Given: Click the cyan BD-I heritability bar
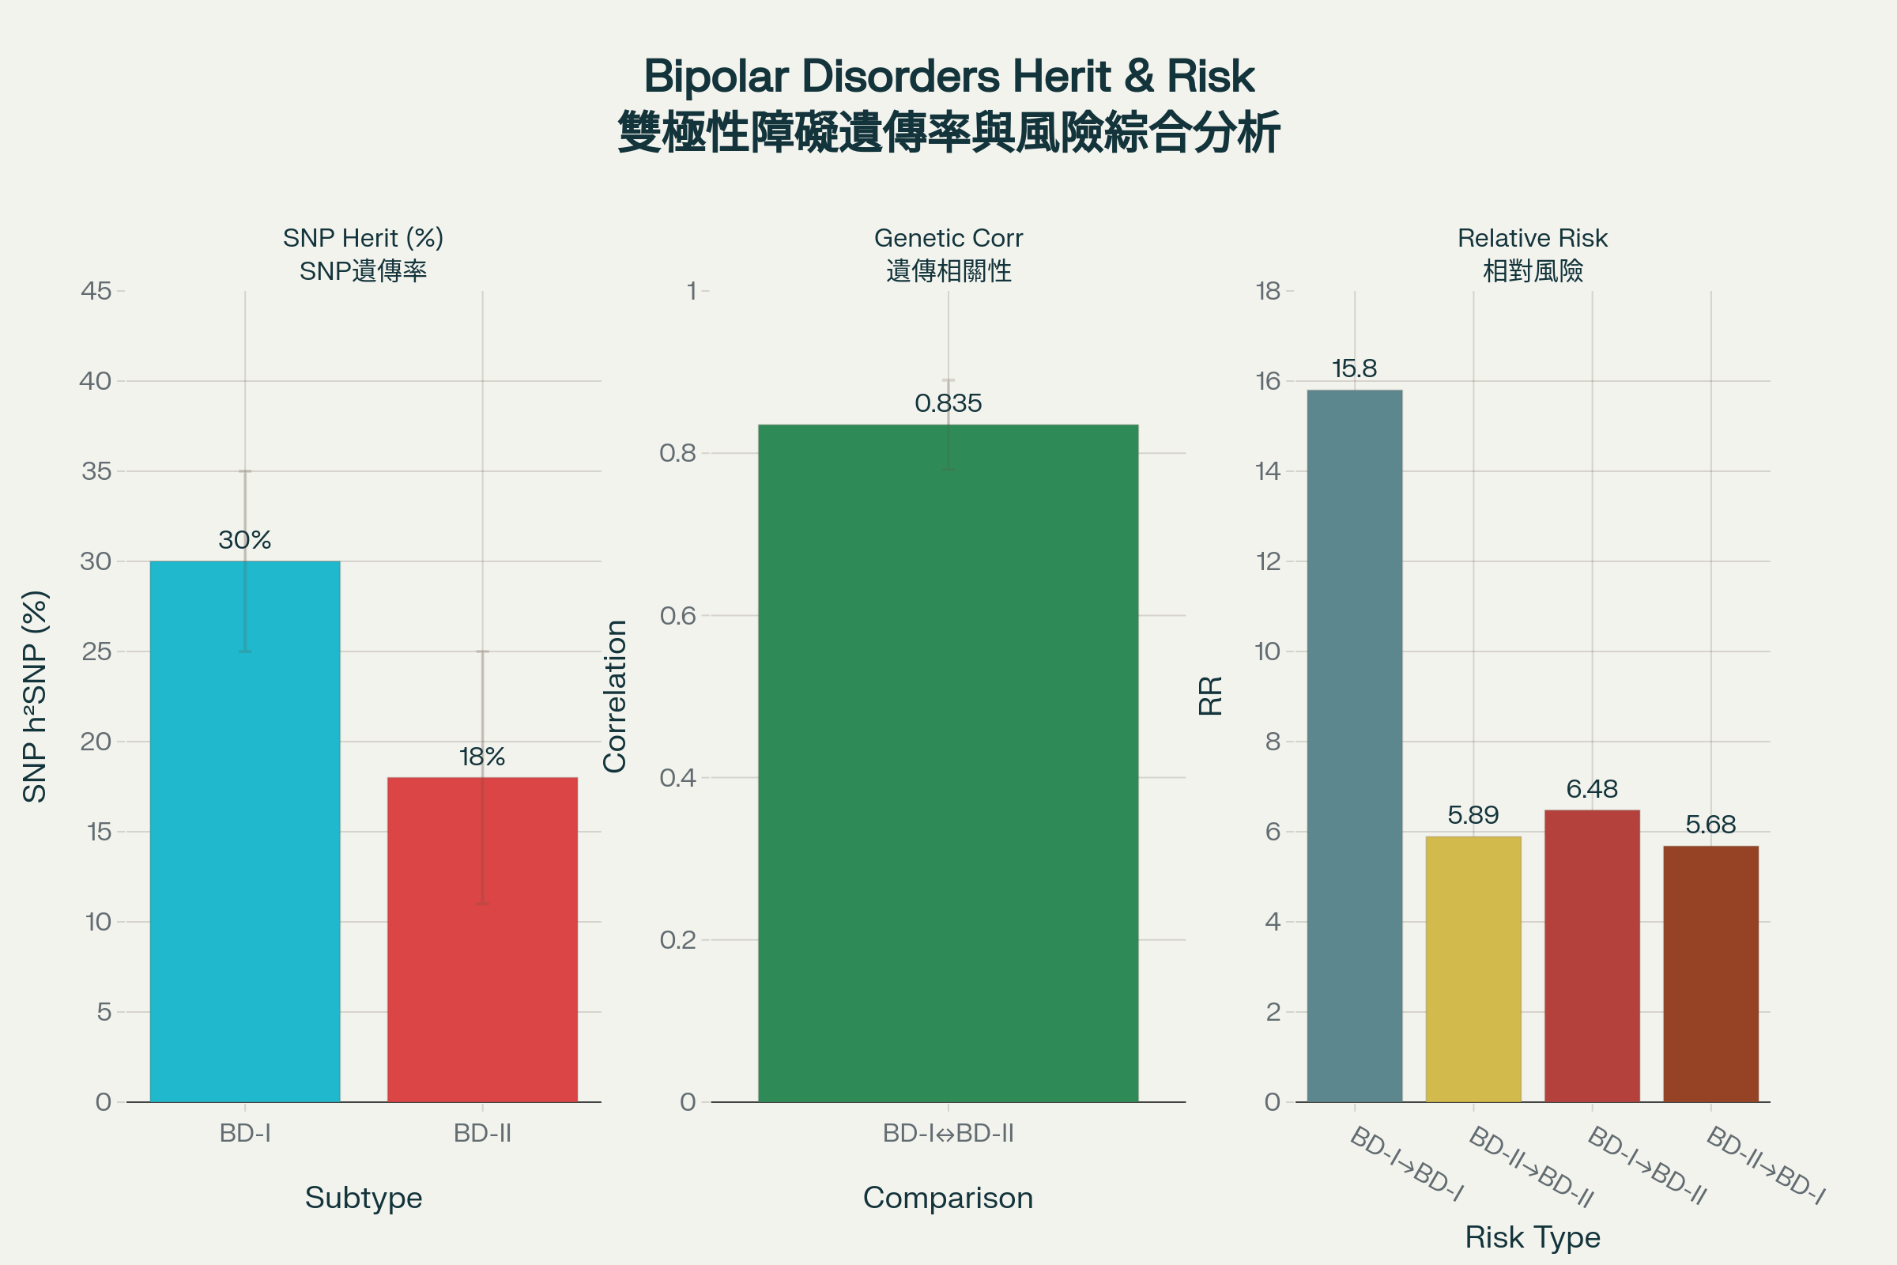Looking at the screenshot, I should coord(244,831).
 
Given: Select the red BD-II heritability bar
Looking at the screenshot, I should coord(482,939).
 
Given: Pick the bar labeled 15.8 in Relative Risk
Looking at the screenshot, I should coord(1354,746).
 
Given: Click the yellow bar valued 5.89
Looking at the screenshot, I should coord(1473,968).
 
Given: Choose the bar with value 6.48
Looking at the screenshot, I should coord(1591,955).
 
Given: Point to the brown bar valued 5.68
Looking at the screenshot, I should coord(1710,973).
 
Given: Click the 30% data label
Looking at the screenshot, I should coord(244,540).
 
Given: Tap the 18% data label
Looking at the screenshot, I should coord(482,757).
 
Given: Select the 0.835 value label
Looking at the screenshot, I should coord(948,402).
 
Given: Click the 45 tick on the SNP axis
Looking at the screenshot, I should coord(96,290).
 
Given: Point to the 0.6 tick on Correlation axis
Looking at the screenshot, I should coord(677,616).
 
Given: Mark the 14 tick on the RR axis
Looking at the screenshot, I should coord(1268,471).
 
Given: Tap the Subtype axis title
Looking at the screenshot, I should coord(363,1197).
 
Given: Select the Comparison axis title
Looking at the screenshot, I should coord(948,1197).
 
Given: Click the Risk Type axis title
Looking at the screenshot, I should coord(1533,1237).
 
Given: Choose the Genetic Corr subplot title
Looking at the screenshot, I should coord(948,238).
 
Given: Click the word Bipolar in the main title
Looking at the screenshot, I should coord(715,77).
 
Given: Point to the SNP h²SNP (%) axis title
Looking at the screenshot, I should coord(35,697).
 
